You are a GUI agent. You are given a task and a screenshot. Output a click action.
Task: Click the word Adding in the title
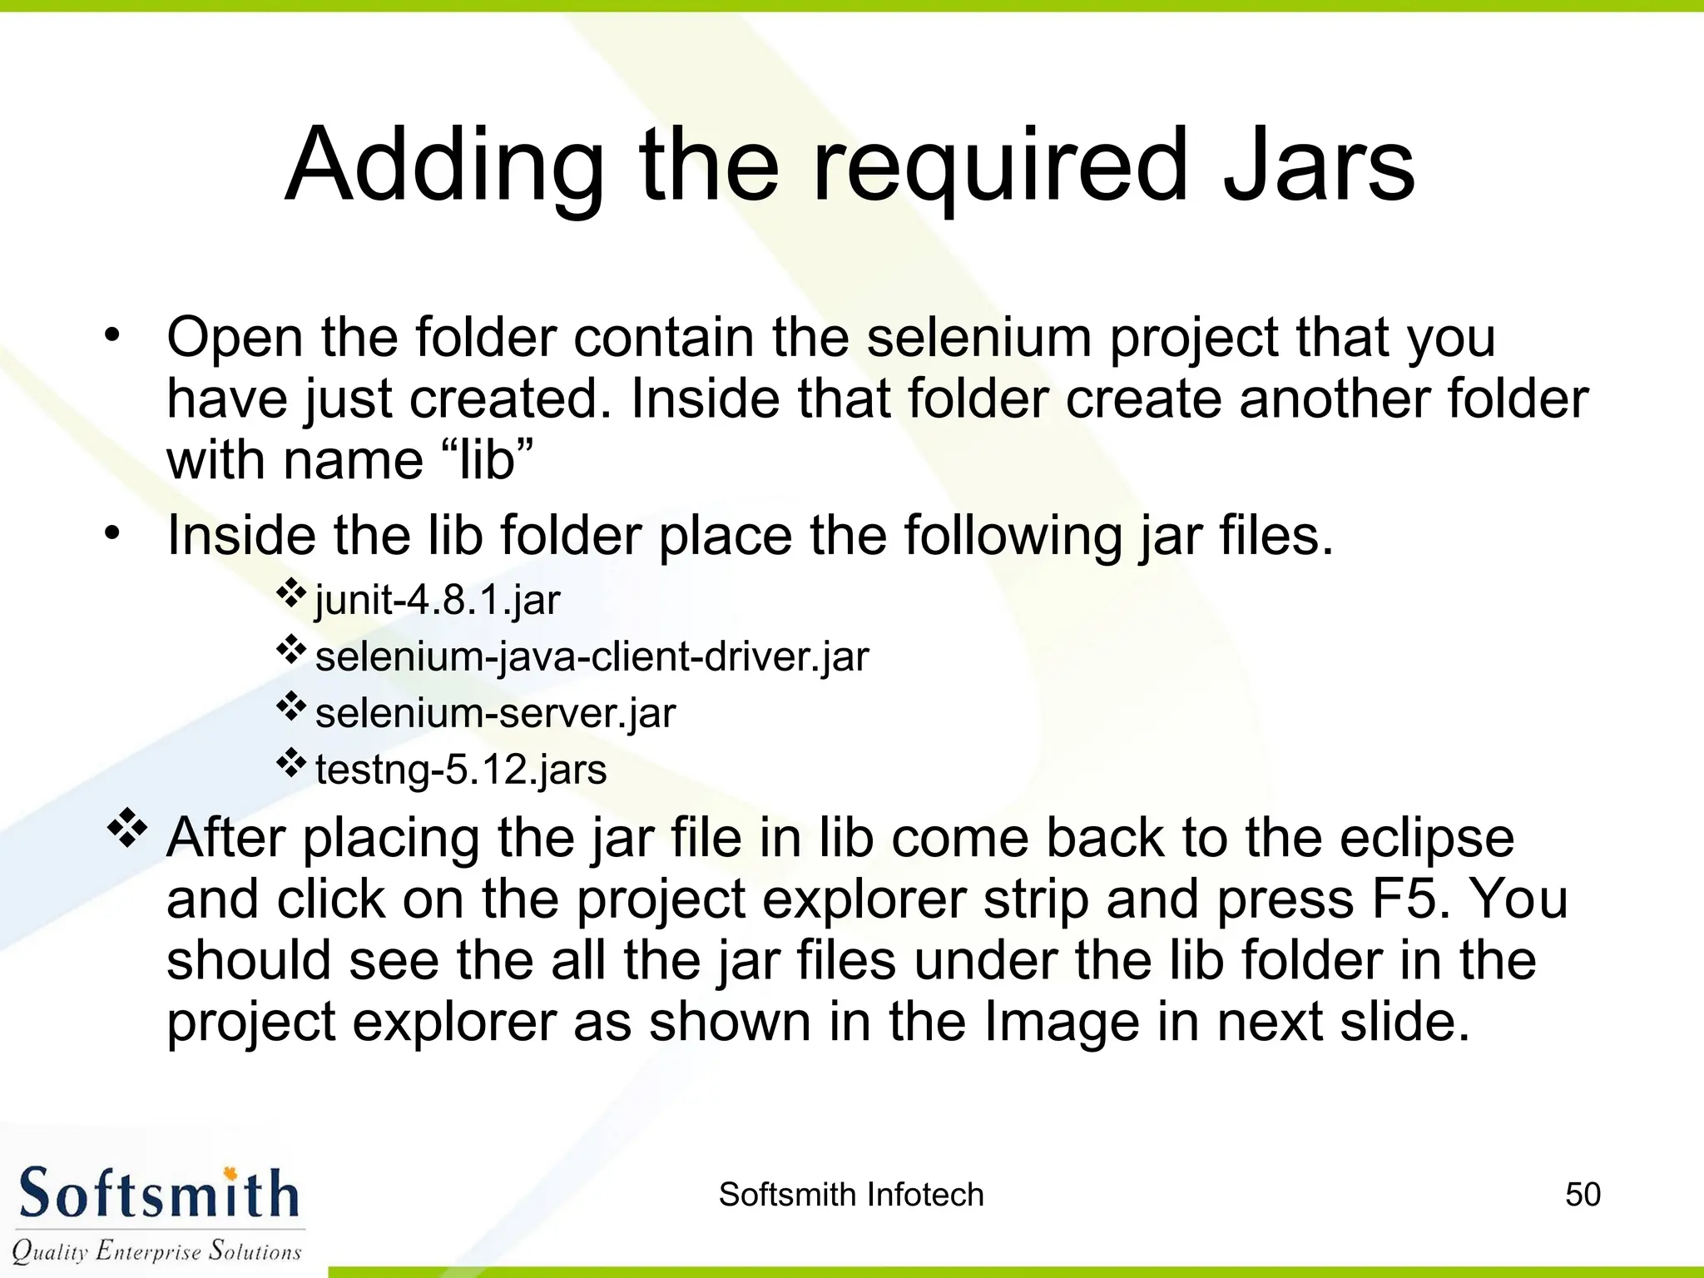tap(444, 166)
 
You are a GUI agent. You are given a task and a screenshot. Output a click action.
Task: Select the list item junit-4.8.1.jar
tap(438, 600)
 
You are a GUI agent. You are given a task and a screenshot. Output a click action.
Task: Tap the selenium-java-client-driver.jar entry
tap(592, 656)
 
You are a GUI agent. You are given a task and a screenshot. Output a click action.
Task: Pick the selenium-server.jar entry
tap(495, 713)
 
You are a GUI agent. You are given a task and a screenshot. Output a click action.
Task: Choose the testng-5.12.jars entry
tap(461, 770)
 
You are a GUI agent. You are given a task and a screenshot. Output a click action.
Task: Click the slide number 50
tap(1583, 1194)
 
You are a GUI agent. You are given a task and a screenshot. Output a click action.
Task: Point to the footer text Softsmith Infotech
tap(851, 1194)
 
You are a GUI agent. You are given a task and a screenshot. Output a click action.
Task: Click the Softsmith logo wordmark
tap(158, 1194)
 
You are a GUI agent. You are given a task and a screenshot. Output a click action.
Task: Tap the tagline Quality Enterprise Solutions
tap(156, 1251)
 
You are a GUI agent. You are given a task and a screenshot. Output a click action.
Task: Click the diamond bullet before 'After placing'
tap(127, 828)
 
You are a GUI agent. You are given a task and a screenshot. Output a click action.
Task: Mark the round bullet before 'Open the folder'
tap(112, 337)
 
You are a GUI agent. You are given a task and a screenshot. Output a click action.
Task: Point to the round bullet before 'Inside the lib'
tap(112, 534)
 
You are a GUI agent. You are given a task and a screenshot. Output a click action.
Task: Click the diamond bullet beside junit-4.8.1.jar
tap(291, 593)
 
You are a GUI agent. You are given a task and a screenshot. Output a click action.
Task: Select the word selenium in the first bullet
tap(978, 338)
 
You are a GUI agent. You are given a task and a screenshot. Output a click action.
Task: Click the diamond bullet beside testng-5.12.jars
tap(291, 763)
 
